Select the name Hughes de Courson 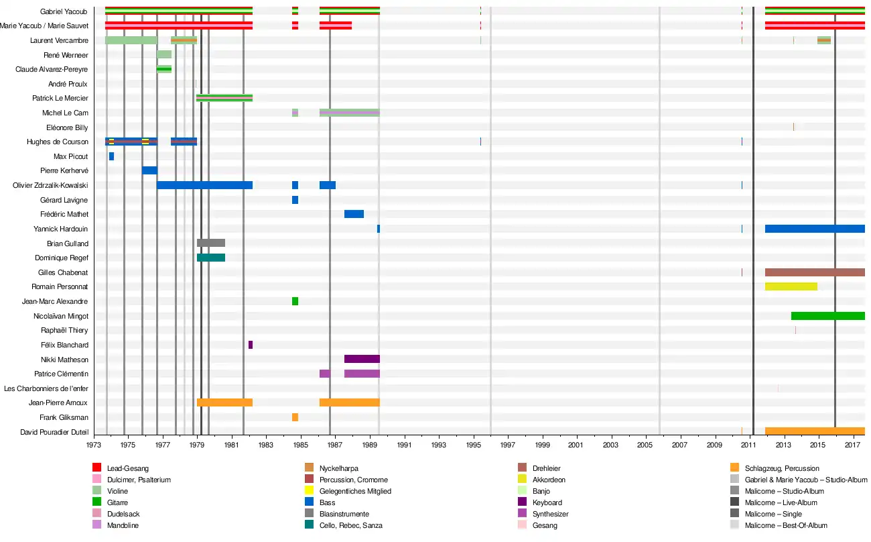coord(57,142)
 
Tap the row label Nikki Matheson coord(64,360)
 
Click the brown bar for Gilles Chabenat coord(814,272)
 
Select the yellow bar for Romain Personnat coord(791,286)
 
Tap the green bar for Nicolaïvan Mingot coord(827,316)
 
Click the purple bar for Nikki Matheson coord(362,359)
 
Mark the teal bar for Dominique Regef coord(211,258)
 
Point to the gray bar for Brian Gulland coord(211,243)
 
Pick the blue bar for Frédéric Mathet coord(354,214)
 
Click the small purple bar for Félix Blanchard coord(251,345)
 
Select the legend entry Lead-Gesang coord(127,468)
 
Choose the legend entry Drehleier coord(546,468)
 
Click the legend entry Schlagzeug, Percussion coord(781,468)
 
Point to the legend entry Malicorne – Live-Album coord(781,502)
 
